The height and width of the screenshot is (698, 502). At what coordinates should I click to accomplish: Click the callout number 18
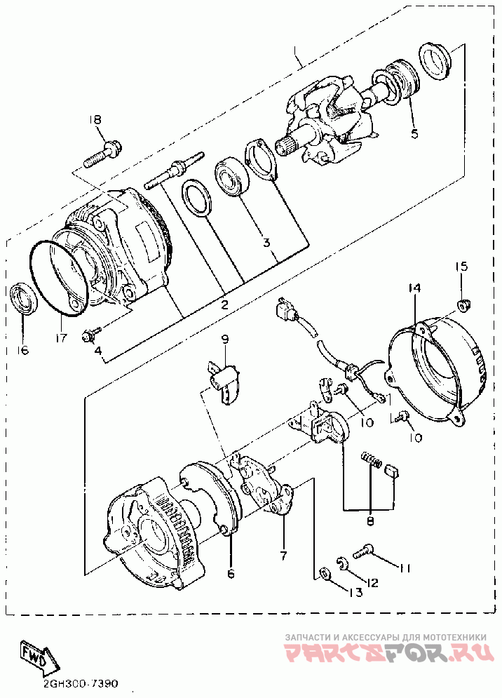click(95, 120)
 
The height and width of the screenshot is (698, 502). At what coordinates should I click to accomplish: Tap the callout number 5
click(415, 133)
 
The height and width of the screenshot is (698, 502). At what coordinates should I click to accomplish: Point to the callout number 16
click(22, 350)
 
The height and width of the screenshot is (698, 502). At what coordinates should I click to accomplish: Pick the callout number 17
click(61, 338)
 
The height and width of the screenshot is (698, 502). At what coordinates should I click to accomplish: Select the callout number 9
click(225, 340)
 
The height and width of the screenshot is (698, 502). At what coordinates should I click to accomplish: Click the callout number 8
click(370, 521)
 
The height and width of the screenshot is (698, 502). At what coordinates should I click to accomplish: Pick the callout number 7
click(283, 555)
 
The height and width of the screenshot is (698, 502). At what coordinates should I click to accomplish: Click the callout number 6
click(231, 575)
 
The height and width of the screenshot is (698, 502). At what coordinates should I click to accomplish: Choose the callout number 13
click(356, 592)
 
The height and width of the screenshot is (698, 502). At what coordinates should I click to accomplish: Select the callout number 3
click(266, 243)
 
